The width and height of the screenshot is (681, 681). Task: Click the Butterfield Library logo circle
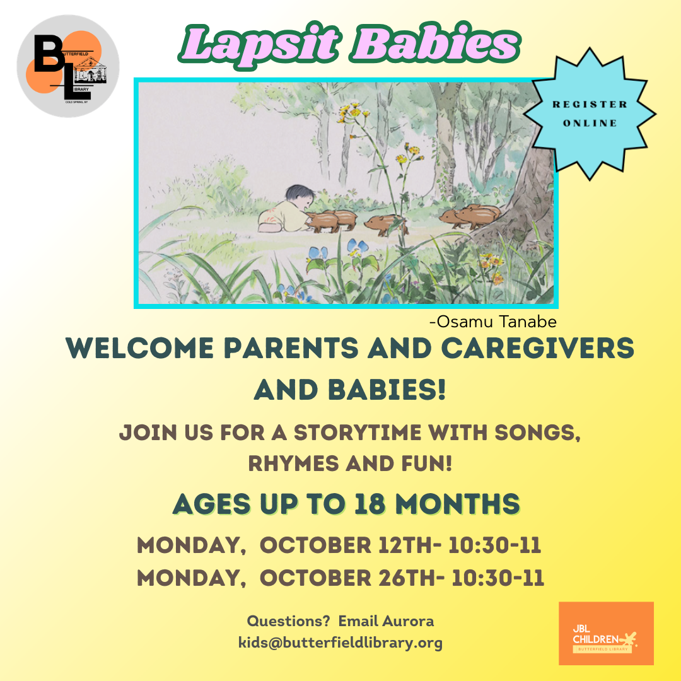pos(68,66)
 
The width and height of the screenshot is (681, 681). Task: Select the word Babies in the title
pos(435,44)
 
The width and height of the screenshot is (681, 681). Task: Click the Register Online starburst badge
pos(590,113)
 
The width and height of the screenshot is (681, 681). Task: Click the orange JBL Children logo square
pos(606,633)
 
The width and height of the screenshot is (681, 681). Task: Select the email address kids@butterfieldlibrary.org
pos(340,643)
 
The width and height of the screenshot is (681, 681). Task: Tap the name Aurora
pos(408,621)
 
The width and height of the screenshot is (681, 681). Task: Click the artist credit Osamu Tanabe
pos(493,322)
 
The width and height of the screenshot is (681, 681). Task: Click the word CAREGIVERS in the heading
pos(538,348)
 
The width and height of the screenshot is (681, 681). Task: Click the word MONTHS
pos(458,504)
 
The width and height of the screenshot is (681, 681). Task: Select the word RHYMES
pos(293,464)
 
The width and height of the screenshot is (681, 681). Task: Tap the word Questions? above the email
pos(288,621)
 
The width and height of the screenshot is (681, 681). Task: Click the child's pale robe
pos(283,217)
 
